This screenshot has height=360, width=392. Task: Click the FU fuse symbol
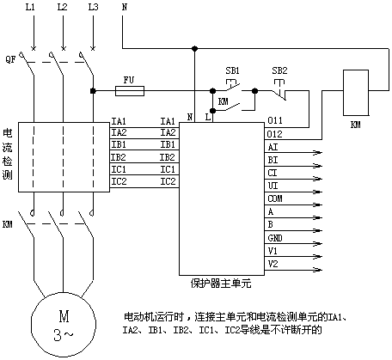tap(130, 91)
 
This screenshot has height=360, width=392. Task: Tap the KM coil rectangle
tap(356, 93)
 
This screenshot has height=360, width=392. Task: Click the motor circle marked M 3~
tap(64, 325)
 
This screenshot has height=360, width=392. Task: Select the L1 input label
tap(30, 7)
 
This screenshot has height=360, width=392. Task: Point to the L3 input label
tap(93, 7)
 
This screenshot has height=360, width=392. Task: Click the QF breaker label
tap(10, 59)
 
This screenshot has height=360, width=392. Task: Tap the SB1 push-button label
tap(232, 70)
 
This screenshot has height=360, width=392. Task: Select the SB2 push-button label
tap(279, 70)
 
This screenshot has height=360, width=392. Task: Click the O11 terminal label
tap(275, 120)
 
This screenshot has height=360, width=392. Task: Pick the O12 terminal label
tap(275, 134)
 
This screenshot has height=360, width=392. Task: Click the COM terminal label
tap(275, 198)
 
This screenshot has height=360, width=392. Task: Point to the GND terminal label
tap(275, 238)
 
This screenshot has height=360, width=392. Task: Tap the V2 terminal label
tap(273, 264)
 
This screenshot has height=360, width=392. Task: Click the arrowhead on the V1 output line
tap(318, 257)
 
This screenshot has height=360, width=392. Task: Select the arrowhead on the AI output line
tap(318, 153)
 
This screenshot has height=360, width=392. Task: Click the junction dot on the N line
tap(194, 49)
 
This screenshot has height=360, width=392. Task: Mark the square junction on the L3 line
tap(93, 91)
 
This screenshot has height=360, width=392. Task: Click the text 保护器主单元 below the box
tap(221, 284)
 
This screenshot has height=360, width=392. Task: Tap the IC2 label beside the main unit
tap(168, 181)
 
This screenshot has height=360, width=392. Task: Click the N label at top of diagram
tap(125, 7)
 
